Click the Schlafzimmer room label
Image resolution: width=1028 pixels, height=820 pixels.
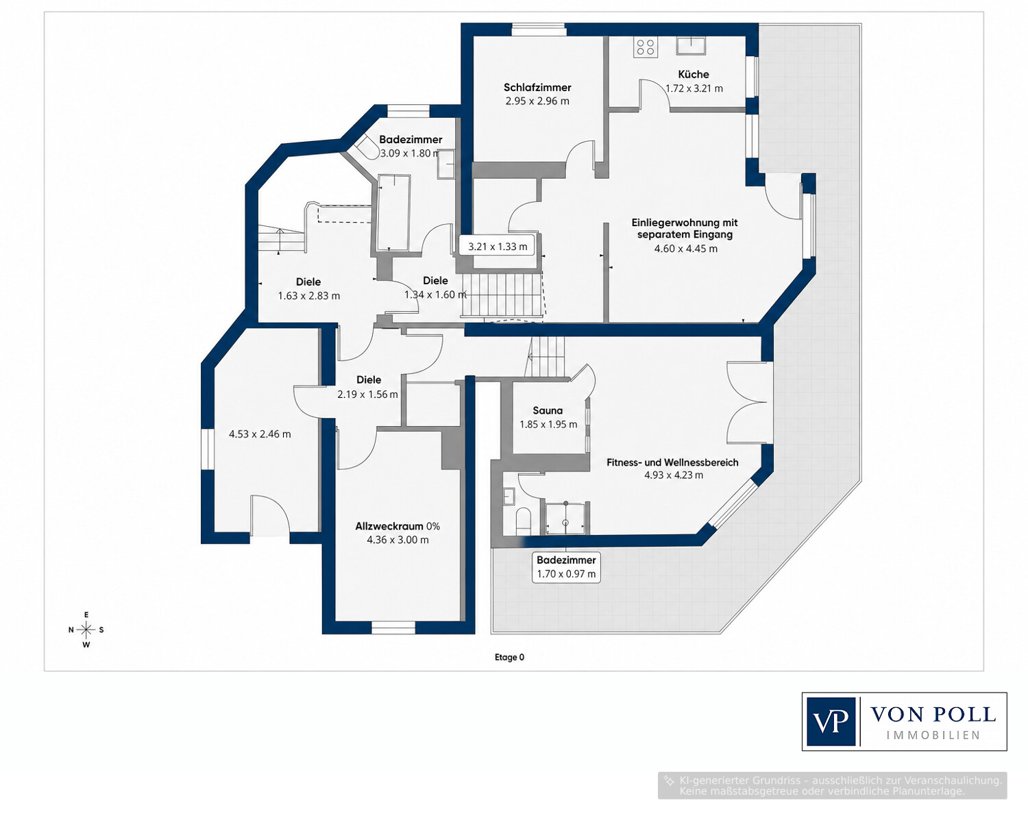537,88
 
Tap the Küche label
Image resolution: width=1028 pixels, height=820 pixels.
693,74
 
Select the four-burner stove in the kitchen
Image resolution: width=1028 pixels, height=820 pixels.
646,47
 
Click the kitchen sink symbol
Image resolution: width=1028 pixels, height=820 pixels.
691,45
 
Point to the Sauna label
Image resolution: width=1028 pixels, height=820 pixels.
548,410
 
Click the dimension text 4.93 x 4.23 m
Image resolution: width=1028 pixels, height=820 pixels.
674,475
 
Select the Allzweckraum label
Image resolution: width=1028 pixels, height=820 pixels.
389,526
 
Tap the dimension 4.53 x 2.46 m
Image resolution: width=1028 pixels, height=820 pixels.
259,434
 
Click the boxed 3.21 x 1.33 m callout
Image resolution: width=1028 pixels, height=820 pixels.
498,247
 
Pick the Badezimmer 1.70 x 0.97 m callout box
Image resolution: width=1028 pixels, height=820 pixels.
566,567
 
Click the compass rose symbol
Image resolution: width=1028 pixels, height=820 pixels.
86,630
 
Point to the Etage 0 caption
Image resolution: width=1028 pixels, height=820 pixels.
509,657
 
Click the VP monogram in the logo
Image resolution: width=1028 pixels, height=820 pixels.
831,721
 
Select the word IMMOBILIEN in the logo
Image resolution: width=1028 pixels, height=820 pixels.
933,736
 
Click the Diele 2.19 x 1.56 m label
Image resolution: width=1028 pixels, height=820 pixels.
368,387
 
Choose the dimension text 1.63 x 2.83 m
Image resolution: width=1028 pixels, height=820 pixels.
309,296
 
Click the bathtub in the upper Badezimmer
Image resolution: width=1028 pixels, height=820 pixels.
393,212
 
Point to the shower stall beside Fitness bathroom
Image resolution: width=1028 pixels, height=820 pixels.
565,518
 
